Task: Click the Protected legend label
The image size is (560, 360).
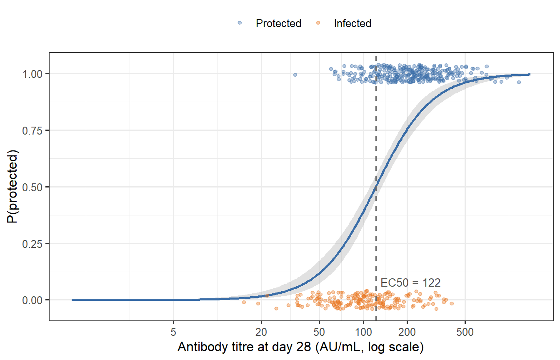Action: [278, 23]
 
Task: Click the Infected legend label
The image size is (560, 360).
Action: [352, 23]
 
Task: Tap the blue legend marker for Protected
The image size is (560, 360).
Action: [240, 23]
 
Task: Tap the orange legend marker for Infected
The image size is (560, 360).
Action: [317, 23]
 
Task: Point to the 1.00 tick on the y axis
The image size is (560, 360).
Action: [36, 74]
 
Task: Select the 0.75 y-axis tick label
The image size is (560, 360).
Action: [36, 130]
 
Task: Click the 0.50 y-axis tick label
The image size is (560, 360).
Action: [36, 187]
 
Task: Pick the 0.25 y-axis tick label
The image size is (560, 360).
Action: [36, 243]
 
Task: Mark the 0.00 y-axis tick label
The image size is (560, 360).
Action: [36, 300]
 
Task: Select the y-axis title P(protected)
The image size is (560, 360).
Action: [14, 187]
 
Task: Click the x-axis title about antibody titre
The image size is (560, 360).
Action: [300, 347]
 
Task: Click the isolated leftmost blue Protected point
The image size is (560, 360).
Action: [295, 75]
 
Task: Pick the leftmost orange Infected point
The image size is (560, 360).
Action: [244, 302]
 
